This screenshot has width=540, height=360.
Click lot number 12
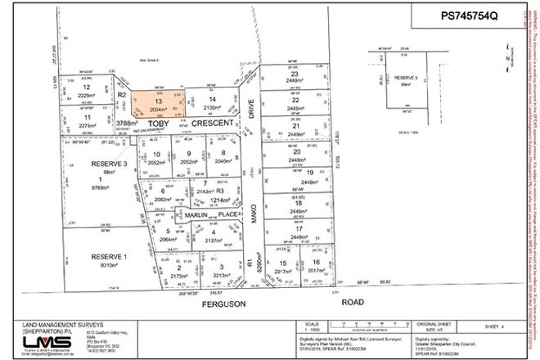click(x=87, y=88)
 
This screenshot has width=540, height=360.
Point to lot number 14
click(x=212, y=99)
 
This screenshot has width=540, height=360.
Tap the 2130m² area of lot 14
click(x=212, y=107)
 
